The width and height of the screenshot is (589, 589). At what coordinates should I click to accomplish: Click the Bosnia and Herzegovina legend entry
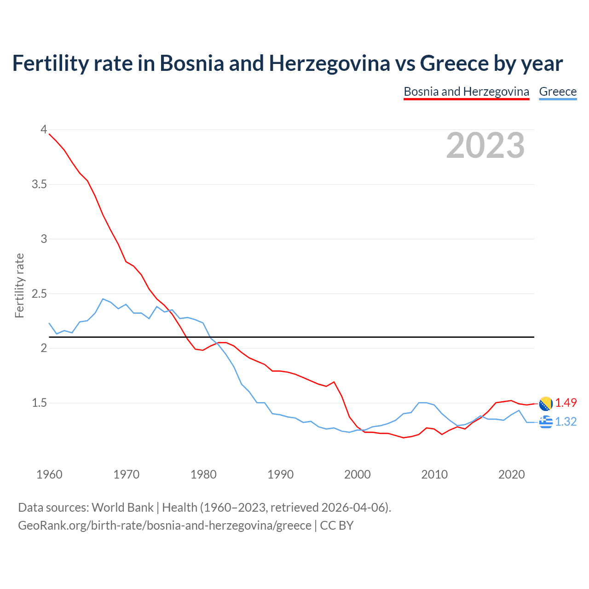tap(466, 92)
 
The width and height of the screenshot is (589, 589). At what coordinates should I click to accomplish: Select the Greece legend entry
tap(558, 92)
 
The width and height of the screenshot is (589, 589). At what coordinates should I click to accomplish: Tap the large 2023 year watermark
tap(485, 145)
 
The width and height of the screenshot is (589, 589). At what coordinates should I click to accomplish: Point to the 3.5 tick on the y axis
tap(39, 185)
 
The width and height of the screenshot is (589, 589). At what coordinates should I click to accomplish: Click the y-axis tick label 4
tap(44, 130)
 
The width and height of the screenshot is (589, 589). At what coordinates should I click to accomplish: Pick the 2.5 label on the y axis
tap(39, 294)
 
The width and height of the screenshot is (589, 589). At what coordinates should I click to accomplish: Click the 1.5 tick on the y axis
tap(39, 403)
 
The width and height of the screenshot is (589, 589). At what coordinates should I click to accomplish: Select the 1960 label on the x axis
tap(49, 474)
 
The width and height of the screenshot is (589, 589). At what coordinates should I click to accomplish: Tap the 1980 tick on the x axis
tap(203, 474)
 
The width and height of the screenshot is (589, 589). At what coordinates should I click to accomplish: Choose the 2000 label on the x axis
tap(358, 474)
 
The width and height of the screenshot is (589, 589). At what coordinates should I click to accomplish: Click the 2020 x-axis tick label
tap(511, 474)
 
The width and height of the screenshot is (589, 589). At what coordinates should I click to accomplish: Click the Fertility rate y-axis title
tap(19, 285)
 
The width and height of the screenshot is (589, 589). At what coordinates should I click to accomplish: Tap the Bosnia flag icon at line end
tap(546, 404)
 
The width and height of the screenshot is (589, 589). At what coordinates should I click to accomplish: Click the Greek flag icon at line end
tap(546, 422)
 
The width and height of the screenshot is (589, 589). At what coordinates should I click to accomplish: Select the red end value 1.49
tap(566, 403)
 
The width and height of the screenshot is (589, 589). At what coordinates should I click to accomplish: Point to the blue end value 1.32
tap(566, 422)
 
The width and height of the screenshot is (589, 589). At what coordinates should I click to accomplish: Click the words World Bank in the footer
tap(122, 508)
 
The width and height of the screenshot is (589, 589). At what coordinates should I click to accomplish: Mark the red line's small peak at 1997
tap(334, 382)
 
